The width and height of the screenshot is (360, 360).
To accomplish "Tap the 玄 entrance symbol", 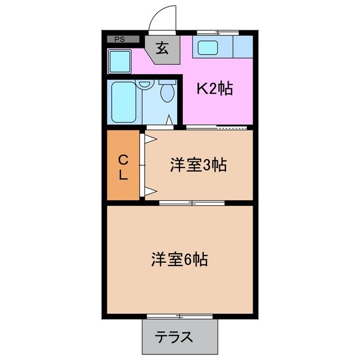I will (163, 49).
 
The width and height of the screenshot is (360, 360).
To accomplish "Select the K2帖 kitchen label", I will (214, 88).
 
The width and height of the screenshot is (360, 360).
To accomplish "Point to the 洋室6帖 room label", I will (179, 259).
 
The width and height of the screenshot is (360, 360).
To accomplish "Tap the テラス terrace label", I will (174, 337).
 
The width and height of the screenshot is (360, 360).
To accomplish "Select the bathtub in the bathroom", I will (122, 102).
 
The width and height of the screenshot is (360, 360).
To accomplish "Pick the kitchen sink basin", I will (208, 48).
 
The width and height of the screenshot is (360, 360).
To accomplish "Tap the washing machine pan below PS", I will (119, 60).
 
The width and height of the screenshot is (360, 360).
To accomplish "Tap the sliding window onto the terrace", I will (180, 316).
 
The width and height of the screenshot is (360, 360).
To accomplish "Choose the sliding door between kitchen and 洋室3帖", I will (217, 128).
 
